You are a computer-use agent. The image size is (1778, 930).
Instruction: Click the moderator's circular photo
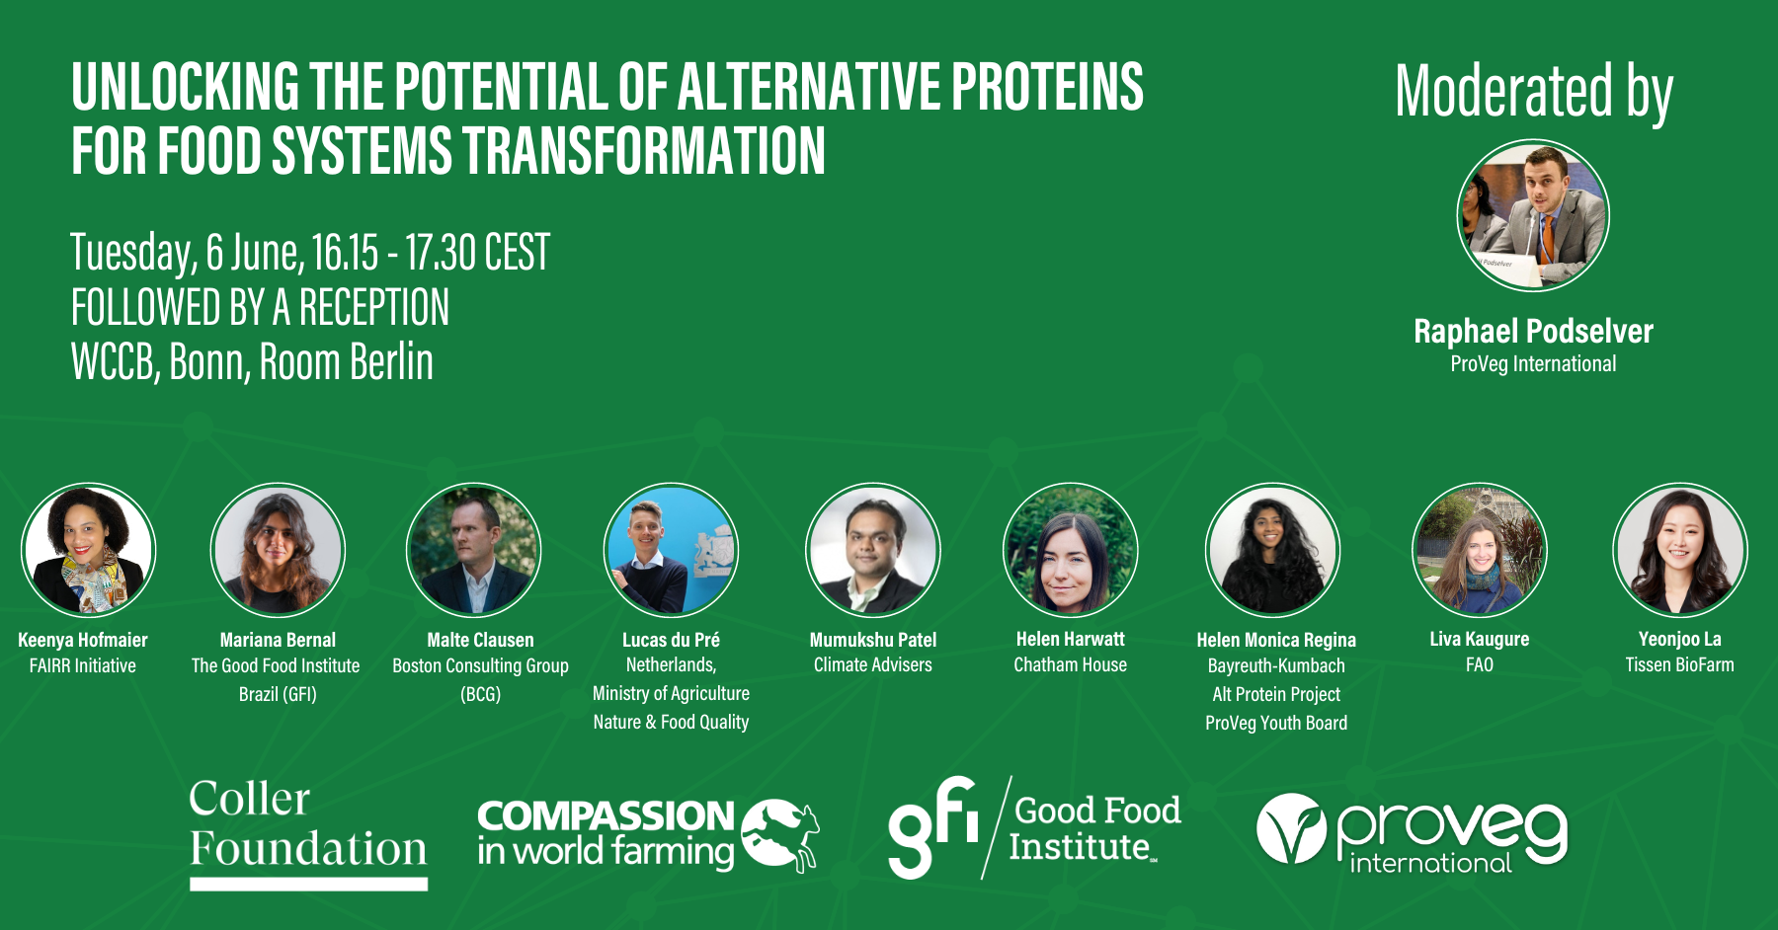1533,215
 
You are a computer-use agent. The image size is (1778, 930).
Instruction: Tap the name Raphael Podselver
1533,331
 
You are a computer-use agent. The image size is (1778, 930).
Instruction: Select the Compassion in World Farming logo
648,835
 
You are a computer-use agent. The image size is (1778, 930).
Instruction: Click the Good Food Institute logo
1034,827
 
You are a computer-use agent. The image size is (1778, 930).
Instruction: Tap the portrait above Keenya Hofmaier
89,550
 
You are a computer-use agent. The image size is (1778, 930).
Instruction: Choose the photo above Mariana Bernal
278,550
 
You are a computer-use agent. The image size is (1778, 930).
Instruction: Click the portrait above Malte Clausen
473,550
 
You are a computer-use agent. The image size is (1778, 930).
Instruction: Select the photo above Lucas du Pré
671,550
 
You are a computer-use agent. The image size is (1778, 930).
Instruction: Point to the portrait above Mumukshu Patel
873,550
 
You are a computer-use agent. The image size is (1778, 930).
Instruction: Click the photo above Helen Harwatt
1071,550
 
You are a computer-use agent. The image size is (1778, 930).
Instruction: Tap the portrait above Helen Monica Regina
1272,550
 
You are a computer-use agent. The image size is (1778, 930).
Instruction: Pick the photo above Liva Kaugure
1480,550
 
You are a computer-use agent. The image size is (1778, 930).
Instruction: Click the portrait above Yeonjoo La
1680,550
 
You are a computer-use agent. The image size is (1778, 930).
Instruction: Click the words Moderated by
1534,93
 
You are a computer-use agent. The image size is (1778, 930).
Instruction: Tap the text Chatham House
1070,664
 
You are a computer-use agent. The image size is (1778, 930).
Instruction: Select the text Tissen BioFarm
1679,664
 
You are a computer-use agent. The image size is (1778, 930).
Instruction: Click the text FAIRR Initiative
83,665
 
